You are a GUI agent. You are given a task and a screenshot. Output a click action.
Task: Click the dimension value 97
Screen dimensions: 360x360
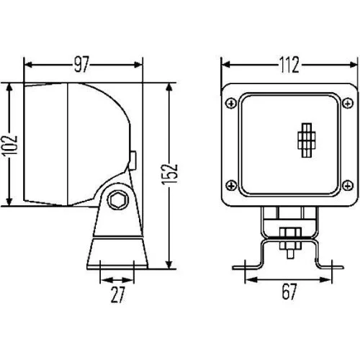(x=81, y=66)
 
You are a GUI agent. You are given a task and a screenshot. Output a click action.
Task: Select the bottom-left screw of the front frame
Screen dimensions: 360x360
(x=230, y=182)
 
